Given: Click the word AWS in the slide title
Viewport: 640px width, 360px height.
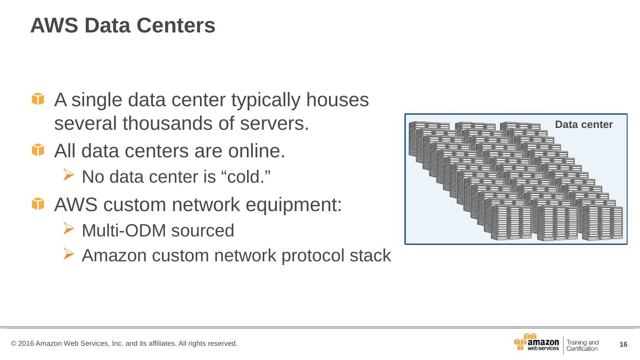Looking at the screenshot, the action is coord(54,26).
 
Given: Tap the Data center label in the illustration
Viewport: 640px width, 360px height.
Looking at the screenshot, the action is coord(584,125).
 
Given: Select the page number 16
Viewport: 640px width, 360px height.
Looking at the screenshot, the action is coord(623,344).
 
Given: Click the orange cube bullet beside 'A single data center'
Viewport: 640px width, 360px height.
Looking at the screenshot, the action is coord(38,99).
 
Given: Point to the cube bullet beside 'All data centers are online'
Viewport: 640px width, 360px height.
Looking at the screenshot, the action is coord(38,151).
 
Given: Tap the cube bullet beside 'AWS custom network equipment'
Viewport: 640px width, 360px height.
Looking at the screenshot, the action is coord(38,204).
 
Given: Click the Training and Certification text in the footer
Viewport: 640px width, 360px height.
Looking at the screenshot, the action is coord(582,345).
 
